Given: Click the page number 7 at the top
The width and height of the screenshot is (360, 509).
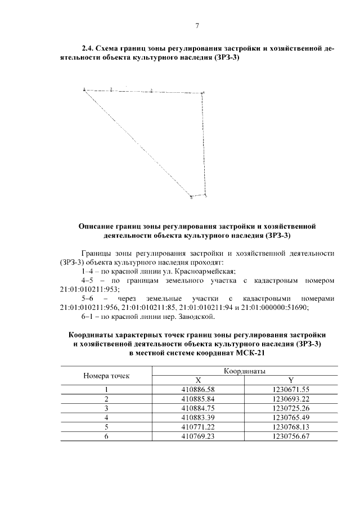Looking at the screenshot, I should point(197,25).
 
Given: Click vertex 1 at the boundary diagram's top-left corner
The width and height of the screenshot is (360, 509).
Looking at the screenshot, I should point(84,89).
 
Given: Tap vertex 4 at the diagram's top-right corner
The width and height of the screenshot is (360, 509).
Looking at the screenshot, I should point(203,92).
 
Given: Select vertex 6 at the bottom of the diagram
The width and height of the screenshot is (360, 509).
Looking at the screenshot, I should point(192,197).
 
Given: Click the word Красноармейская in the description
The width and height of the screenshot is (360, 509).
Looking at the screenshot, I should point(185,271).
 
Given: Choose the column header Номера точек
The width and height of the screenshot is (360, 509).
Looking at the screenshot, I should point(106,375).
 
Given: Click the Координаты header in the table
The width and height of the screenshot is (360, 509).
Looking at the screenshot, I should point(245,371).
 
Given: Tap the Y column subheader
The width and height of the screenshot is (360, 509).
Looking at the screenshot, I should point(290,380).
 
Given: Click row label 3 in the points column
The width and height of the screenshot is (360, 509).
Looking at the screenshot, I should point(106,408).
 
